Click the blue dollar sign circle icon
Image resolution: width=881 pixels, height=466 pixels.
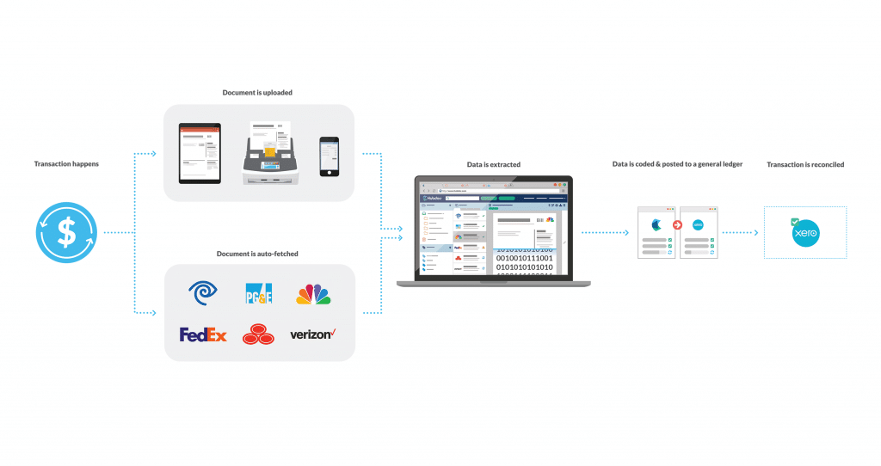click(66, 232)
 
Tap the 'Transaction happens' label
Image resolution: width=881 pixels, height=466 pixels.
click(66, 163)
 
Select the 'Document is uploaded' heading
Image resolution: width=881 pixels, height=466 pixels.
click(258, 92)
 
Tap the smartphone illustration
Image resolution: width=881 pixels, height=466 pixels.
click(329, 156)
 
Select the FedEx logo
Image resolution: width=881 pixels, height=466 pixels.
click(203, 334)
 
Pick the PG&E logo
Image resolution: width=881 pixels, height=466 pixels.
click(259, 294)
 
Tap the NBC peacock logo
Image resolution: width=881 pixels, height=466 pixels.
click(313, 294)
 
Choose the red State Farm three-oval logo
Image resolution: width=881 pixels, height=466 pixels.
click(258, 334)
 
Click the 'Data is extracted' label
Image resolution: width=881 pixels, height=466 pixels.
click(492, 164)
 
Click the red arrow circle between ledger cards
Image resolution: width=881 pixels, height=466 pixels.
click(677, 225)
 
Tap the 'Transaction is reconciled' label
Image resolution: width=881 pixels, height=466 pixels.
click(805, 164)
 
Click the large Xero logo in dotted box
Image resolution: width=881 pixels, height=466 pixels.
click(806, 233)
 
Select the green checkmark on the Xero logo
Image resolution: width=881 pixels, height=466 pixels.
click(795, 222)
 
